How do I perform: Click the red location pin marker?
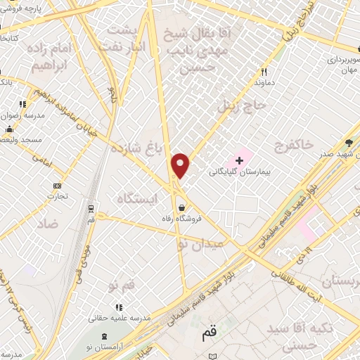click(181, 165)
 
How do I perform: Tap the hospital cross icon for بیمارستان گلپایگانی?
click(239, 160)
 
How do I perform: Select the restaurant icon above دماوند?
click(264, 72)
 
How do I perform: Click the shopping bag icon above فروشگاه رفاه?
click(183, 208)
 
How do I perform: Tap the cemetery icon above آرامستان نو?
click(105, 337)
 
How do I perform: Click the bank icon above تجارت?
click(57, 186)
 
